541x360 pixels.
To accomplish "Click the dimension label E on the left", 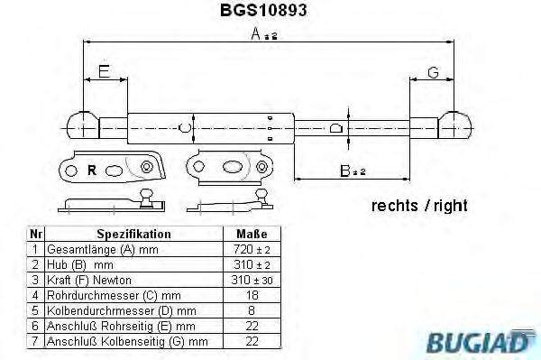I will click(x=104, y=72).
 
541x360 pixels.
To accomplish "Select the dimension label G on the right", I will click(x=433, y=72).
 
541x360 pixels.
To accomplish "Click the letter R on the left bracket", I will click(x=92, y=169).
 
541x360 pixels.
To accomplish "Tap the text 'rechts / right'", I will click(x=419, y=206).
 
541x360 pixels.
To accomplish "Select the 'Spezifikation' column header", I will click(x=133, y=234).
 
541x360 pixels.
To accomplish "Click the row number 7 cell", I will click(x=34, y=341).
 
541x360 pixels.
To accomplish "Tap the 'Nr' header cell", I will click(x=34, y=234).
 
